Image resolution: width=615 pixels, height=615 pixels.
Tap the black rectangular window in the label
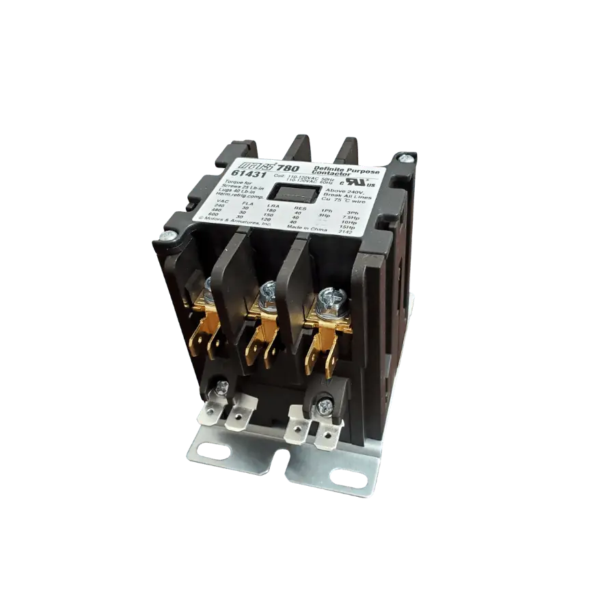point(292,193)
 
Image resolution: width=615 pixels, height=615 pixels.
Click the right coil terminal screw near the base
point(325,406)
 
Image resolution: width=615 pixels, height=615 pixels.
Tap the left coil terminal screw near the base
point(221,388)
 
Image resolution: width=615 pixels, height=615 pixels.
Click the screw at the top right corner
point(407,158)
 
